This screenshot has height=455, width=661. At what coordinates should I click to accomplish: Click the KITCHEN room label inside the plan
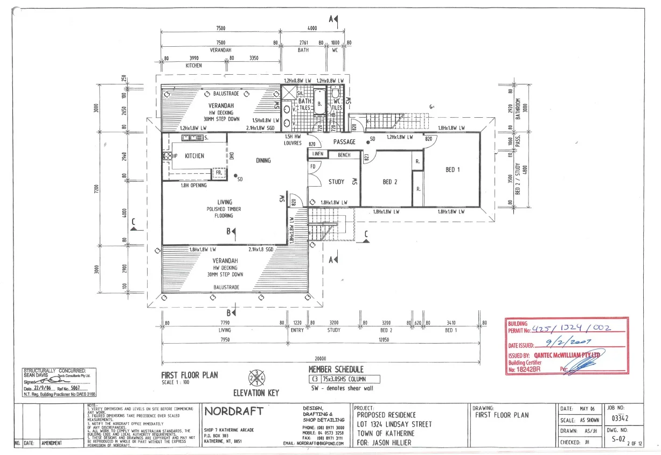pos(194,156)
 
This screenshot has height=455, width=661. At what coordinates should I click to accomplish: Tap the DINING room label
pos(263,160)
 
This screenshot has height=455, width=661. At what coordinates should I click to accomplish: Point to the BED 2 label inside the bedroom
pos(390,182)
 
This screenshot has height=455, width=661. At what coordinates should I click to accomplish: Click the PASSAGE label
pos(344,142)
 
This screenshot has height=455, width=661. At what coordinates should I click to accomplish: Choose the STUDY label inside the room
pos(336,182)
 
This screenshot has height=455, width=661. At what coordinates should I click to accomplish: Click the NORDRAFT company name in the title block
pos(234,411)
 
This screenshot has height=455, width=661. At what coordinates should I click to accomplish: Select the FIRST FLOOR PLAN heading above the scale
pos(190,375)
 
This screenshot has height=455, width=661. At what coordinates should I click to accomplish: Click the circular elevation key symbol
pos(255,377)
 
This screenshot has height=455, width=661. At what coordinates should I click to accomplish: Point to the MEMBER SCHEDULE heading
pos(336,369)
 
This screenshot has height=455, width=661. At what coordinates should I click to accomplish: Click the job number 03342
pos(621,418)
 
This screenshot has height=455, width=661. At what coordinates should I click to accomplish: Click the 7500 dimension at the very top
pos(220,29)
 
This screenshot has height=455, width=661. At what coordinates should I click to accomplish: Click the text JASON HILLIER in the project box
pos(389,443)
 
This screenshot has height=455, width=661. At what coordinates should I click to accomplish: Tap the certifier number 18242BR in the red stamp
pos(528,369)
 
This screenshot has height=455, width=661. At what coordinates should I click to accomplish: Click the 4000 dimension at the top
pos(312,29)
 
